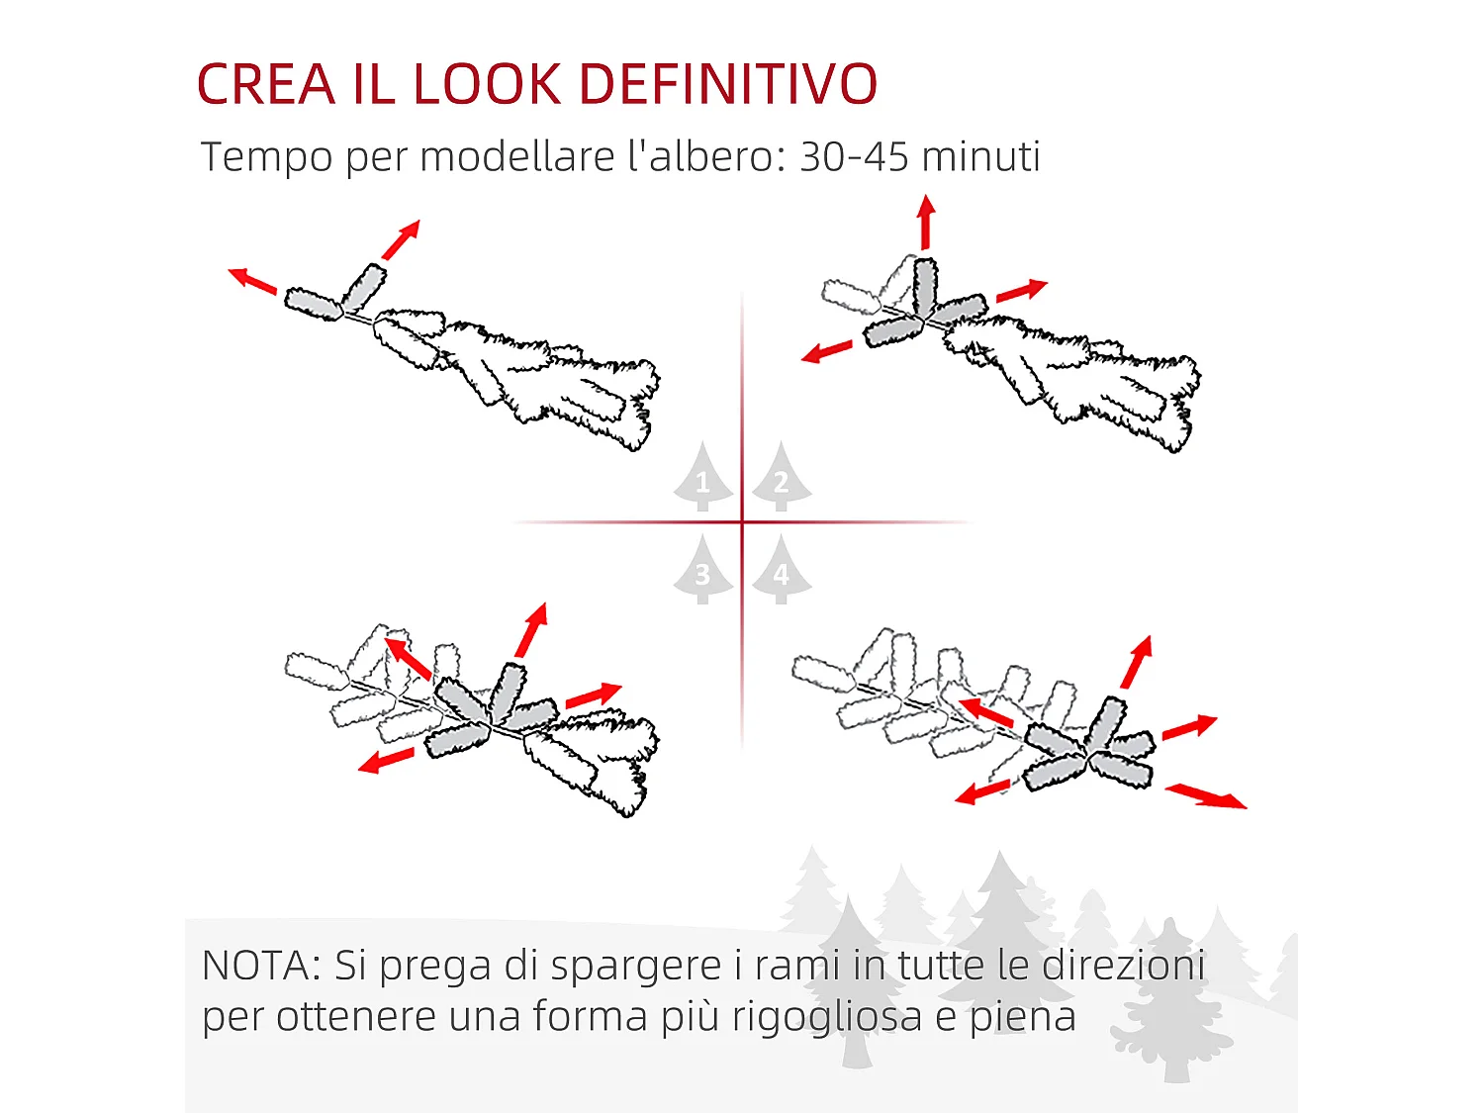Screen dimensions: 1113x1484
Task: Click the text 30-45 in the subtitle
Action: click(x=854, y=156)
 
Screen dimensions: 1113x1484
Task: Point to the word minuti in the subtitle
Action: click(x=981, y=156)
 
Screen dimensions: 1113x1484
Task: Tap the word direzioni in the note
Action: click(x=1124, y=966)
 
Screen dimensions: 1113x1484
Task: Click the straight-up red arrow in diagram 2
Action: click(x=926, y=222)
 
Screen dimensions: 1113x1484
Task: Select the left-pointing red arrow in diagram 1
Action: click(x=252, y=281)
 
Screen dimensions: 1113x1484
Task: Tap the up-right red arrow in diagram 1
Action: click(x=401, y=239)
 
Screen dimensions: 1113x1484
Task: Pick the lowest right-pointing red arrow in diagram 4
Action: click(x=1206, y=795)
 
